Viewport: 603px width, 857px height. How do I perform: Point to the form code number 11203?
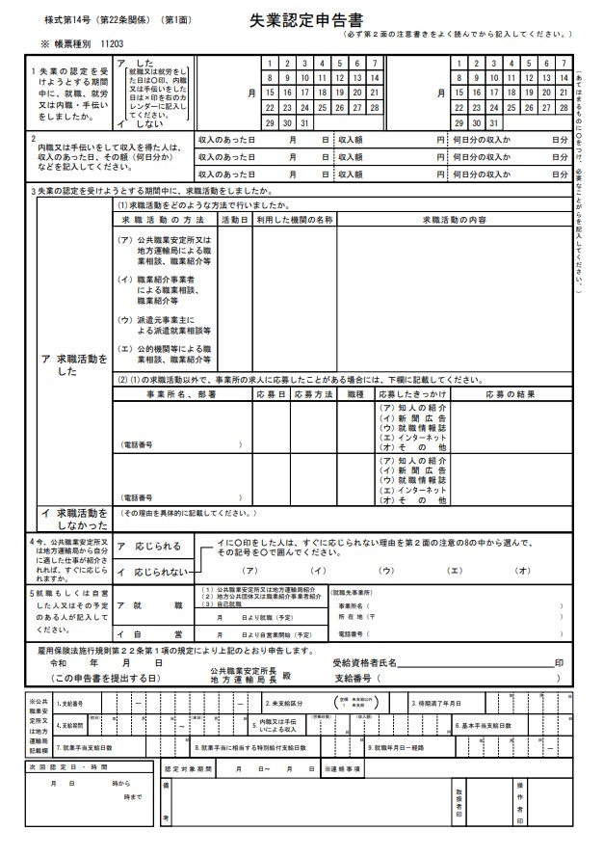(112, 44)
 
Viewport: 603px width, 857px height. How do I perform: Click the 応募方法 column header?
(313, 394)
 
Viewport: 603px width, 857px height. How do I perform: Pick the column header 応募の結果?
(510, 394)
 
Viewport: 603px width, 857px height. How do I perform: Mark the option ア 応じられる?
(149, 546)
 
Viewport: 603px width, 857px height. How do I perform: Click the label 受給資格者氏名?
(365, 664)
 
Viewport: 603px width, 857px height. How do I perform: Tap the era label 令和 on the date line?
(59, 664)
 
